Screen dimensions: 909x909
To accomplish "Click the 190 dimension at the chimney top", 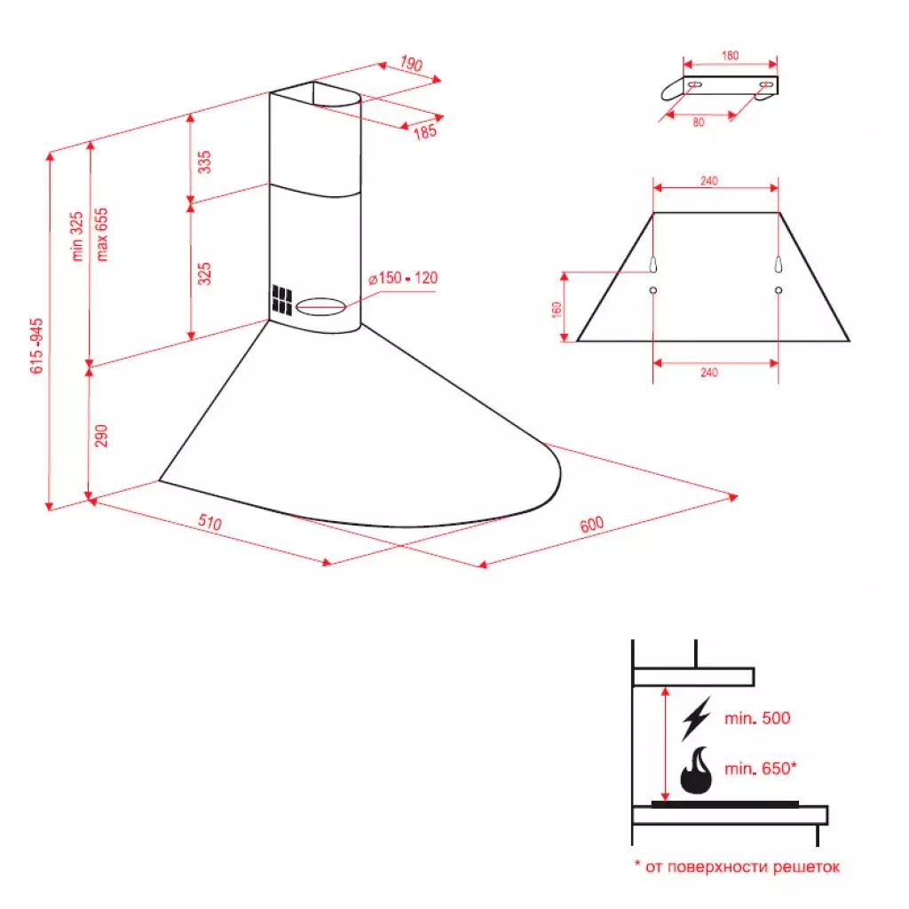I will coord(410,64).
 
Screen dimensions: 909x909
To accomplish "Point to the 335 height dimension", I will coord(205,162).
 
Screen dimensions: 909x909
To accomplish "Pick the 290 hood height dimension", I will coord(101,435).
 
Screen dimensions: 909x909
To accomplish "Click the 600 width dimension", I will coord(591,524).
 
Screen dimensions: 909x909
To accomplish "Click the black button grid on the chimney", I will coord(282,301).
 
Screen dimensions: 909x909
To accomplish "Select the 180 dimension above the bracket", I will coord(729,56).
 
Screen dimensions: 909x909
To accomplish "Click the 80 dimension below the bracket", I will coord(699,123).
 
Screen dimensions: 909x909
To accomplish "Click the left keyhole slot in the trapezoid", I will coord(653,265).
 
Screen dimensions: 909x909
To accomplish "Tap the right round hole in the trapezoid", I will coord(779,290).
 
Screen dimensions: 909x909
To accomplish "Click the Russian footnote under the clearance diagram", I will coord(736,866).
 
